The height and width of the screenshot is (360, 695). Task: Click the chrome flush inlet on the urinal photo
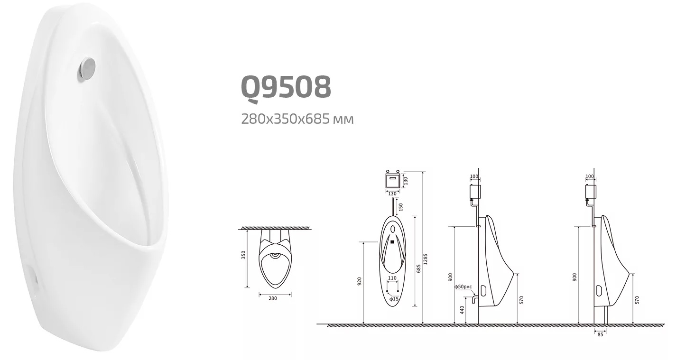(x=87, y=68)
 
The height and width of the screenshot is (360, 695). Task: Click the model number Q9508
(x=286, y=87)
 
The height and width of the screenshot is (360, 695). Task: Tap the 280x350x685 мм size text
(x=297, y=118)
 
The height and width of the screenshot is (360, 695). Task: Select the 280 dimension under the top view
(x=272, y=298)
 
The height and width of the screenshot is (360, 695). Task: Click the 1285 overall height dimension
(x=426, y=259)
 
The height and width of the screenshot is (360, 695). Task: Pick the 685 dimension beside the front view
(x=418, y=268)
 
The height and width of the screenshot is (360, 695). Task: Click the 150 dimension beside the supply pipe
(x=400, y=207)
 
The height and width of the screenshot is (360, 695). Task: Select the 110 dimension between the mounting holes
(x=392, y=278)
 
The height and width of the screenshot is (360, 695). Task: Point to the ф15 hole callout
(x=393, y=299)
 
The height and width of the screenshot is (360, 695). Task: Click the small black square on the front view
(x=392, y=242)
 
